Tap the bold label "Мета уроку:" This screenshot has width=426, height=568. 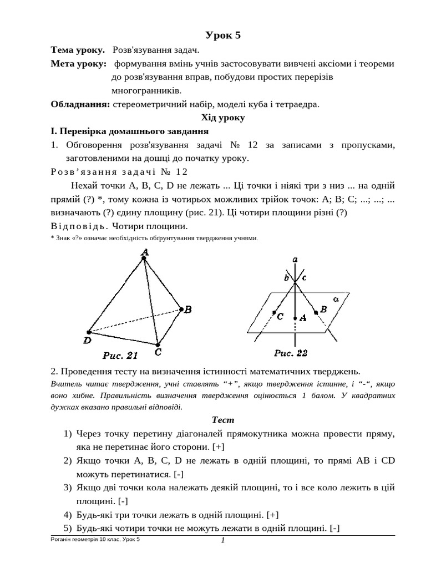click(x=79, y=64)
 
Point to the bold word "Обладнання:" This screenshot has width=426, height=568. click(x=80, y=104)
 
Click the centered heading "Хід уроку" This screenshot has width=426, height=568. click(x=222, y=118)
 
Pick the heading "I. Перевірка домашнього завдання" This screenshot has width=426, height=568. click(x=129, y=131)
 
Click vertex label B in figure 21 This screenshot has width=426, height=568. click(x=188, y=310)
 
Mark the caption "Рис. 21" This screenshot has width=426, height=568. click(x=120, y=354)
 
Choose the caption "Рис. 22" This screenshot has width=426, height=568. click(x=291, y=353)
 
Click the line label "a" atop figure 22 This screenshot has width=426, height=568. click(x=295, y=260)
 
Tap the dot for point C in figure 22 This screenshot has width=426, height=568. click(x=274, y=313)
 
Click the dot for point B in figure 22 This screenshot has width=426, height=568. click(x=316, y=313)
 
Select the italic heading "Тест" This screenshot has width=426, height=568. click(x=222, y=420)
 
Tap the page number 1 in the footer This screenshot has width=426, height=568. click(x=222, y=541)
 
